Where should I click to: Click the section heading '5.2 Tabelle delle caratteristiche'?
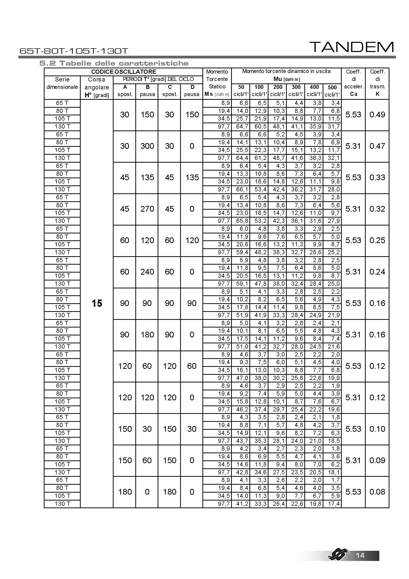[114, 63]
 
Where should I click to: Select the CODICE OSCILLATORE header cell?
[123, 72]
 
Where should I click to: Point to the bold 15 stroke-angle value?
[97, 303]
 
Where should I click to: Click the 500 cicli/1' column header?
[332, 91]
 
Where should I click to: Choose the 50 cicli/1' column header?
[241, 91]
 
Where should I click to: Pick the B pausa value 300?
[147, 146]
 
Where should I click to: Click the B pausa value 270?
[147, 209]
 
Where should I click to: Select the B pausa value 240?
[147, 272]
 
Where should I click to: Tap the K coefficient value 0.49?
[377, 115]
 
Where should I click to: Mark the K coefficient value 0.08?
[377, 492]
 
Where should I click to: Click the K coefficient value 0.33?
[377, 177]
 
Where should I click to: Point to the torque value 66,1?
[242, 189]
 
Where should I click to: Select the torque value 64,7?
[242, 126]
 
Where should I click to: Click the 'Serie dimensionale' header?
[62, 83]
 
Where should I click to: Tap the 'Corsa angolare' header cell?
[96, 87]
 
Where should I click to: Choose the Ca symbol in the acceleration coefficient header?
[354, 94]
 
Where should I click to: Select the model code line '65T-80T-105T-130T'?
[74, 51]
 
